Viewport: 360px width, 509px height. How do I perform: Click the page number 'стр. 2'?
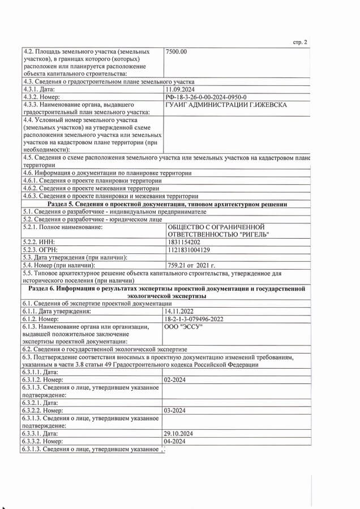(x=300, y=42)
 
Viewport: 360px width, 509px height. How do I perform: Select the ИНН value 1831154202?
(x=184, y=241)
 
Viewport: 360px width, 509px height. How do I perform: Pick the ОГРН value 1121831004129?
(x=188, y=249)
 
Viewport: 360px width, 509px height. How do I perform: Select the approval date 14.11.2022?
(x=179, y=311)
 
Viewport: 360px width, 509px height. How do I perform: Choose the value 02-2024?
(x=175, y=381)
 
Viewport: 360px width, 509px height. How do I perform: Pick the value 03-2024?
(x=175, y=410)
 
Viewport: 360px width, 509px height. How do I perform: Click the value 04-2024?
(x=175, y=440)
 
